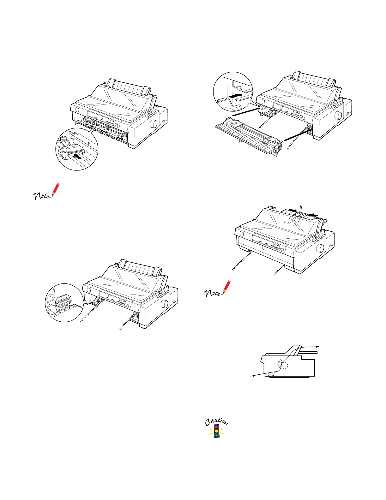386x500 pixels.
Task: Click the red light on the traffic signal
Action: click(216, 427)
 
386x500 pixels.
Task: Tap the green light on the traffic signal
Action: click(216, 435)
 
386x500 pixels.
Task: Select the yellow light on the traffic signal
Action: click(216, 431)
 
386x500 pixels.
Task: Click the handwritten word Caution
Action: click(216, 421)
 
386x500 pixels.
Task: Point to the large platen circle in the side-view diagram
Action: click(284, 366)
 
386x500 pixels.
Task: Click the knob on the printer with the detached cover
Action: click(338, 114)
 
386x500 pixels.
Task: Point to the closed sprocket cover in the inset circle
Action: click(64, 301)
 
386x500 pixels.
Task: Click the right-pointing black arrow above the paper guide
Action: click(292, 211)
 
